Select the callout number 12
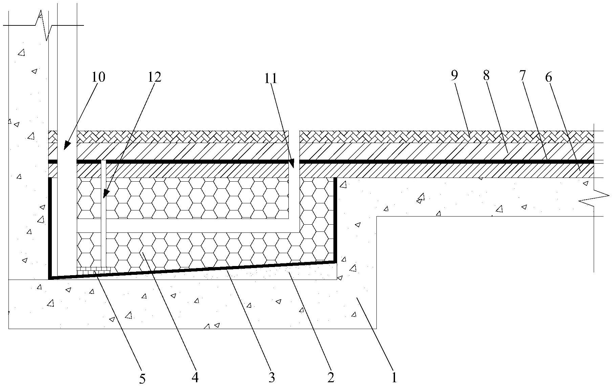coord(154,77)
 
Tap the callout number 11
coord(271,79)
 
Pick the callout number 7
coord(522,76)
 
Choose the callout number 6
coord(548,78)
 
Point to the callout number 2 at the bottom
coord(331,377)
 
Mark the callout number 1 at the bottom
coord(394,377)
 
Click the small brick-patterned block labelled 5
coord(94,269)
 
